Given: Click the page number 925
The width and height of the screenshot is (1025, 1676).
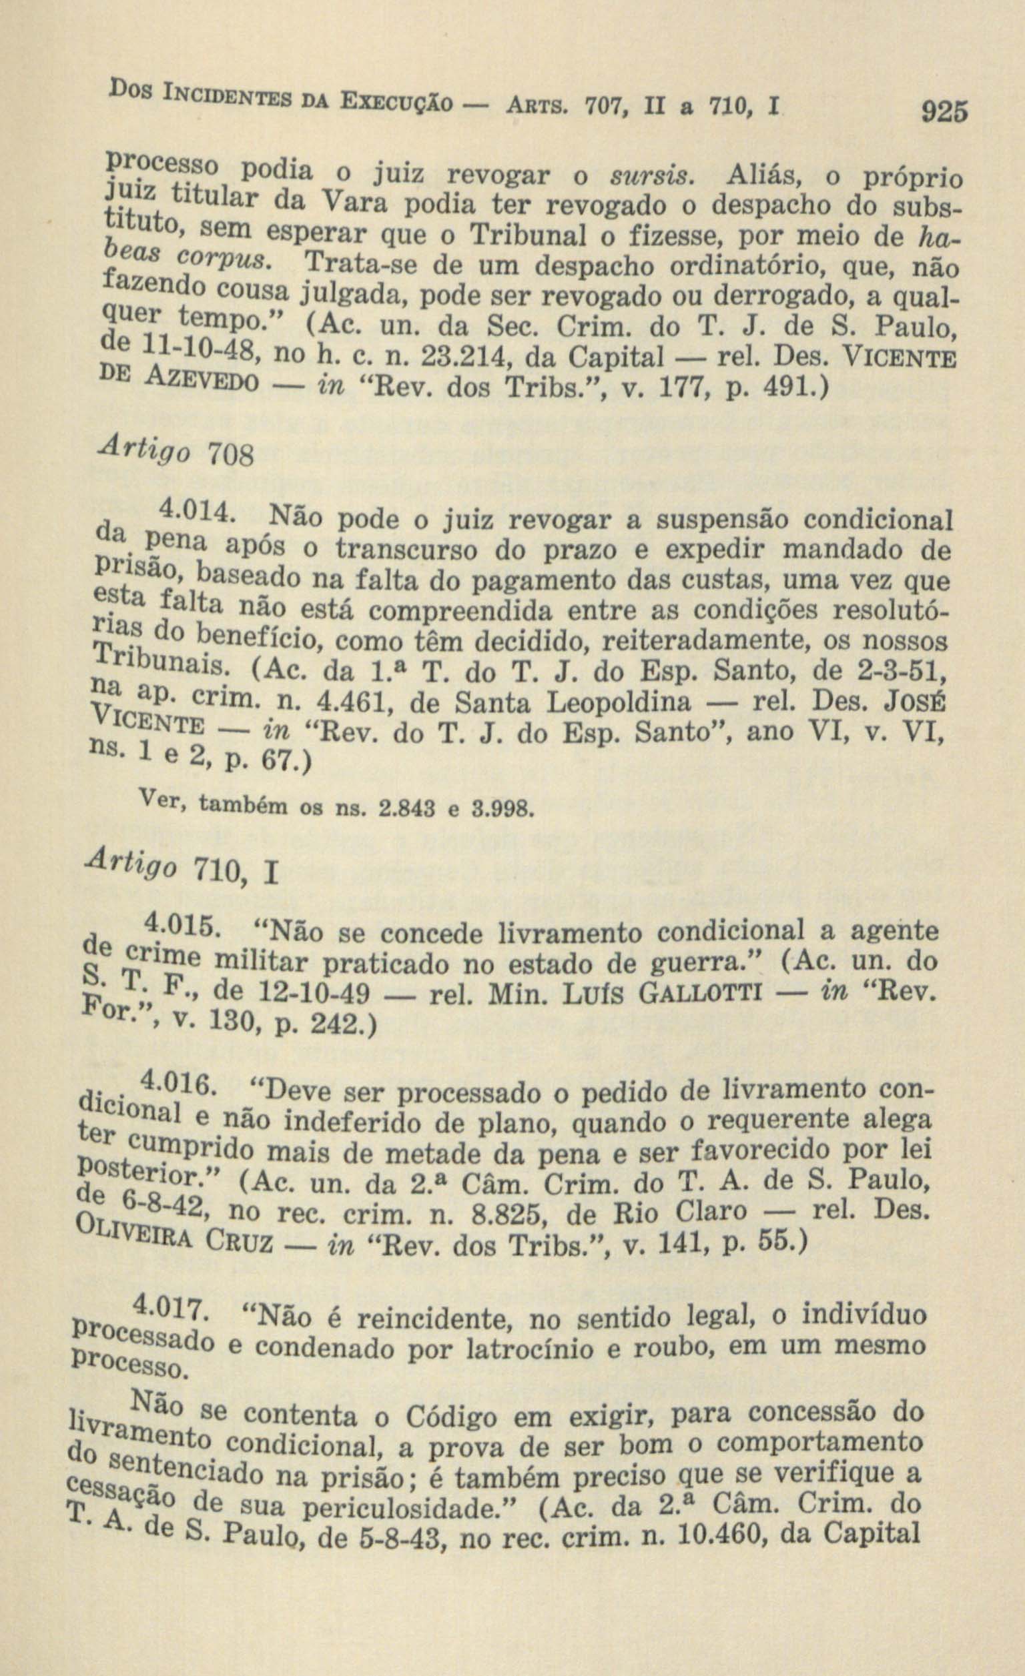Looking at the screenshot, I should click(943, 110).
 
